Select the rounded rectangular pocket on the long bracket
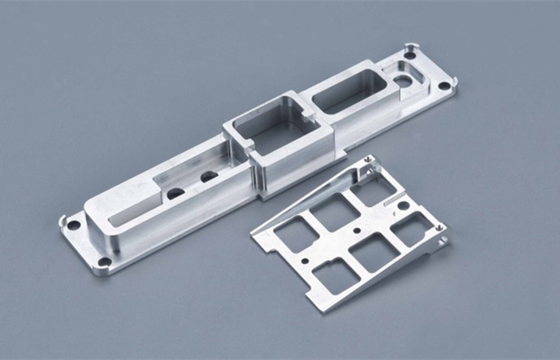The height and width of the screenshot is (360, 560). (344, 94)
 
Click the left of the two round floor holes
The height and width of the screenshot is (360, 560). (175, 193)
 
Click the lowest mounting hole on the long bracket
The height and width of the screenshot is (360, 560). (105, 262)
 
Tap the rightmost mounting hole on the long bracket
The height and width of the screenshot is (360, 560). (446, 83)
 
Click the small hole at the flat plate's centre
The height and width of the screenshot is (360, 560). (353, 226)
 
